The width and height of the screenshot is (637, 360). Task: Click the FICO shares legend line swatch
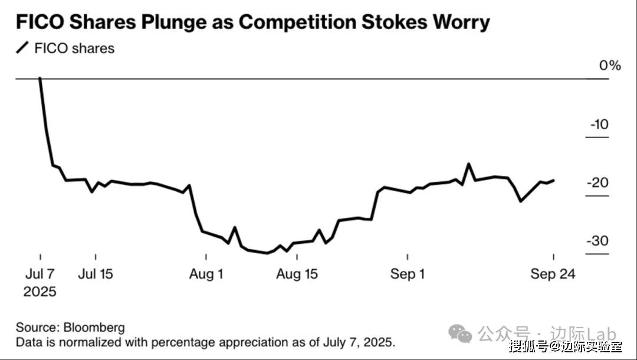tap(22, 48)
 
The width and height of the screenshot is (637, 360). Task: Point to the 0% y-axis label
tap(610, 66)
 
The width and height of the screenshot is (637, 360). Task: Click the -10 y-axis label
tap(599, 125)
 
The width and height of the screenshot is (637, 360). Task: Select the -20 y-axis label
tap(597, 183)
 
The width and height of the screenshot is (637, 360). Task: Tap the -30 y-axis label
tap(597, 241)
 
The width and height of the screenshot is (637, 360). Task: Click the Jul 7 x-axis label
tap(40, 274)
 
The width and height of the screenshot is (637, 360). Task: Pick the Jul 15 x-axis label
tap(96, 274)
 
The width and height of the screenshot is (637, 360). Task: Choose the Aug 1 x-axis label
tap(206, 274)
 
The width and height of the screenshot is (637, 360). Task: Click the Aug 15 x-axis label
tap(297, 274)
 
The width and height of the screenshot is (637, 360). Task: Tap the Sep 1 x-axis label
tap(408, 274)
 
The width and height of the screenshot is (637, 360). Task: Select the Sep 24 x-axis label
tap(553, 274)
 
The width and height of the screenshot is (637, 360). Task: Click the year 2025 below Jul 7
tap(40, 292)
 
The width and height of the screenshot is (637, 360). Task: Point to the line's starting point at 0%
tap(40, 78)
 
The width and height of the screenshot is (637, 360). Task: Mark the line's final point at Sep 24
tap(553, 180)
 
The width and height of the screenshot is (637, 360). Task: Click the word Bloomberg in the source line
tap(95, 328)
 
